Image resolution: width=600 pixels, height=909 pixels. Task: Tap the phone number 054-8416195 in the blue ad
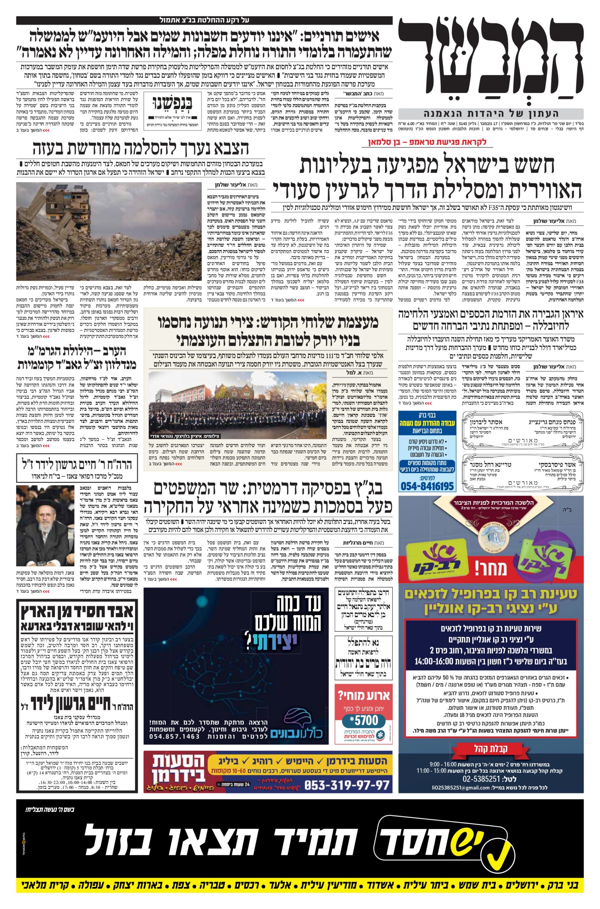[427, 486]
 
